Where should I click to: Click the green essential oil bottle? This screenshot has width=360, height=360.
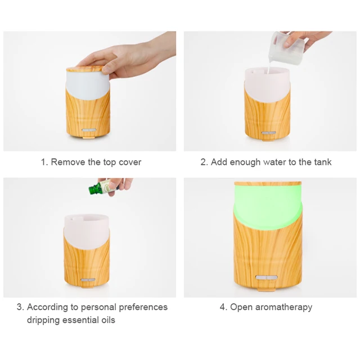[x=97, y=188]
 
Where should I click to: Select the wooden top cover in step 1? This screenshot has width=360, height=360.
[x=85, y=70]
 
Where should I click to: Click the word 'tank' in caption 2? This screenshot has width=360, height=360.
[x=322, y=162]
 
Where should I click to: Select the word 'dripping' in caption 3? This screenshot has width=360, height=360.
[x=43, y=320]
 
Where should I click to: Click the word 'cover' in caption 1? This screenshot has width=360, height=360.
[x=129, y=162]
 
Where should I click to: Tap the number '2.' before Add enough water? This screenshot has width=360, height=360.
[x=204, y=162]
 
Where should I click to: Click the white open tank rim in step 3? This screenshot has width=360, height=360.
[x=87, y=217]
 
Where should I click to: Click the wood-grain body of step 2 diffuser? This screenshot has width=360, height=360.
[x=269, y=112]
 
